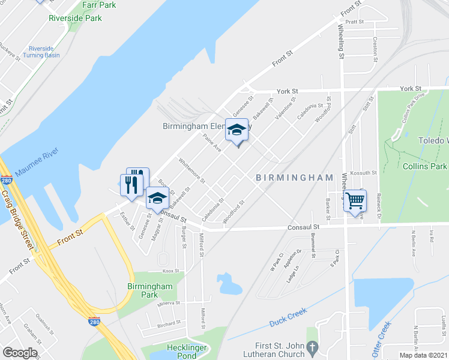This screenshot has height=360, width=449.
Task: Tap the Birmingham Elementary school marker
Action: pos(237,130)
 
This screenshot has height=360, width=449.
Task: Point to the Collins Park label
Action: pos(424,166)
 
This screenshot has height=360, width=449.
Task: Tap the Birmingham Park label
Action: pos(150,290)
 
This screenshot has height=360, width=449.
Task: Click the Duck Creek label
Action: pos(288,315)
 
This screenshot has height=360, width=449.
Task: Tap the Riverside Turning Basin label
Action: pos(41,52)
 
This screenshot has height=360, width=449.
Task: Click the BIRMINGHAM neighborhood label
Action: pos(294,178)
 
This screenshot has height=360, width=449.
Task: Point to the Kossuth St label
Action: pos(363,173)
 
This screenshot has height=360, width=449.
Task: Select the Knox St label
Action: pos(171,271)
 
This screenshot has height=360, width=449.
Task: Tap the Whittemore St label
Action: pos(191,171)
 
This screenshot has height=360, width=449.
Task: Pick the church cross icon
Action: pos(312,347)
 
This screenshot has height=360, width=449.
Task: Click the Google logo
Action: pos(19,353)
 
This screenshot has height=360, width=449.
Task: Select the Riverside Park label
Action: pos(76,18)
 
